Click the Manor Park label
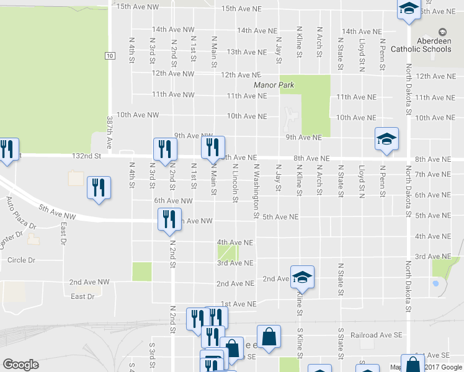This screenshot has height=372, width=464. [x=274, y=85]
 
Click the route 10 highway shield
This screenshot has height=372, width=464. [x=109, y=56]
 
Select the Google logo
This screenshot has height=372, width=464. [x=20, y=365]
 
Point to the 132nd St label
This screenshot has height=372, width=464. [x=86, y=156]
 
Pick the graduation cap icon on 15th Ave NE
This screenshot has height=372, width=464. [x=408, y=9]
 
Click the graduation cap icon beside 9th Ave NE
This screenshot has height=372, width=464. [x=386, y=138]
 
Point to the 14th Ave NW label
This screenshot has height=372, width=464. [x=173, y=30]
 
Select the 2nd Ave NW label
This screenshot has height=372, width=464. [x=89, y=281]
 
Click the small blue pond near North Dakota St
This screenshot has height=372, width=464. [x=435, y=283]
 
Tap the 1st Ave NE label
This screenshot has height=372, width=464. [x=239, y=304]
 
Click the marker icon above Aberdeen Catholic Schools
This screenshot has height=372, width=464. [x=442, y=32]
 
